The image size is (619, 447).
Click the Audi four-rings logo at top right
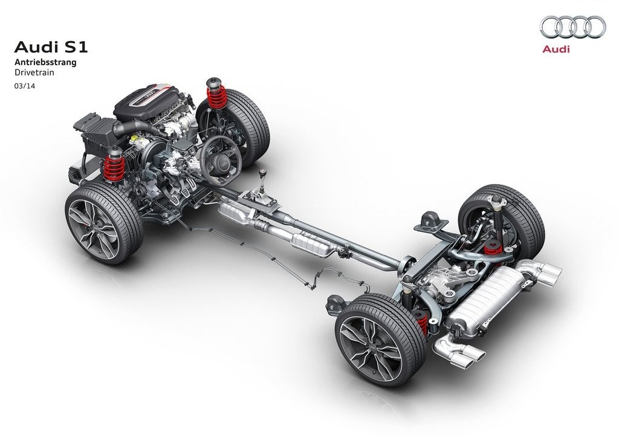click(x=573, y=27)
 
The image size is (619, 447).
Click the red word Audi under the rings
click(x=556, y=50)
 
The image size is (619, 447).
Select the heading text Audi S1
click(x=51, y=47)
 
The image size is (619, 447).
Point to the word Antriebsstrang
click(x=45, y=62)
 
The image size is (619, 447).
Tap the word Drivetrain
click(x=34, y=72)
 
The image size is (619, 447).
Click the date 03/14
click(x=25, y=85)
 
